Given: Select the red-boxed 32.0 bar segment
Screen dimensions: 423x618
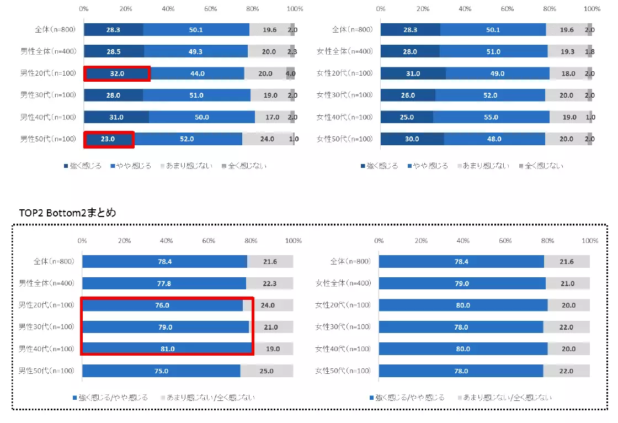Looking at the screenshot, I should (116, 73).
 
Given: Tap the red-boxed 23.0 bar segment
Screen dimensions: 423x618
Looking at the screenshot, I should (109, 139).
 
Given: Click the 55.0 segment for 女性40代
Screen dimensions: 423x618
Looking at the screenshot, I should (491, 117).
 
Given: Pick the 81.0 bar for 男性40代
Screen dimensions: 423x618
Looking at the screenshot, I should (168, 349).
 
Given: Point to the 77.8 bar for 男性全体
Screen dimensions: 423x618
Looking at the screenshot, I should (164, 283).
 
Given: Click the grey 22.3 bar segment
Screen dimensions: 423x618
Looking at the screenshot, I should (270, 283).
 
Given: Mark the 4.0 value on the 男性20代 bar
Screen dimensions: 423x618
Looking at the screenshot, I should (291, 73).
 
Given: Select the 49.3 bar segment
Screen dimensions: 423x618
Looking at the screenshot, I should (196, 51).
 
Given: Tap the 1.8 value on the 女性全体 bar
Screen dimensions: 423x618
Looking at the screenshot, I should (589, 51).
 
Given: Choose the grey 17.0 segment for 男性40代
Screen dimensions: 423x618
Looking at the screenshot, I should (273, 117).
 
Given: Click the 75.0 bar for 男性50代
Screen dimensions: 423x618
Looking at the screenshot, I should (161, 371).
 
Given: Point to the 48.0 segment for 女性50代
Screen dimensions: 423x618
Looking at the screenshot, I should (494, 139).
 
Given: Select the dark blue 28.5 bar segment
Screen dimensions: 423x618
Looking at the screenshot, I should (114, 51).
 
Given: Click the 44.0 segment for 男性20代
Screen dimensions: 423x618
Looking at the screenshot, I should (198, 73).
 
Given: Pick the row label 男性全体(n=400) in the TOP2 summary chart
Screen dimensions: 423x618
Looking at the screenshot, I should (47, 283).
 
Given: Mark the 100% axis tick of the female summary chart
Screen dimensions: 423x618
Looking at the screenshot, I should (590, 241).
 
